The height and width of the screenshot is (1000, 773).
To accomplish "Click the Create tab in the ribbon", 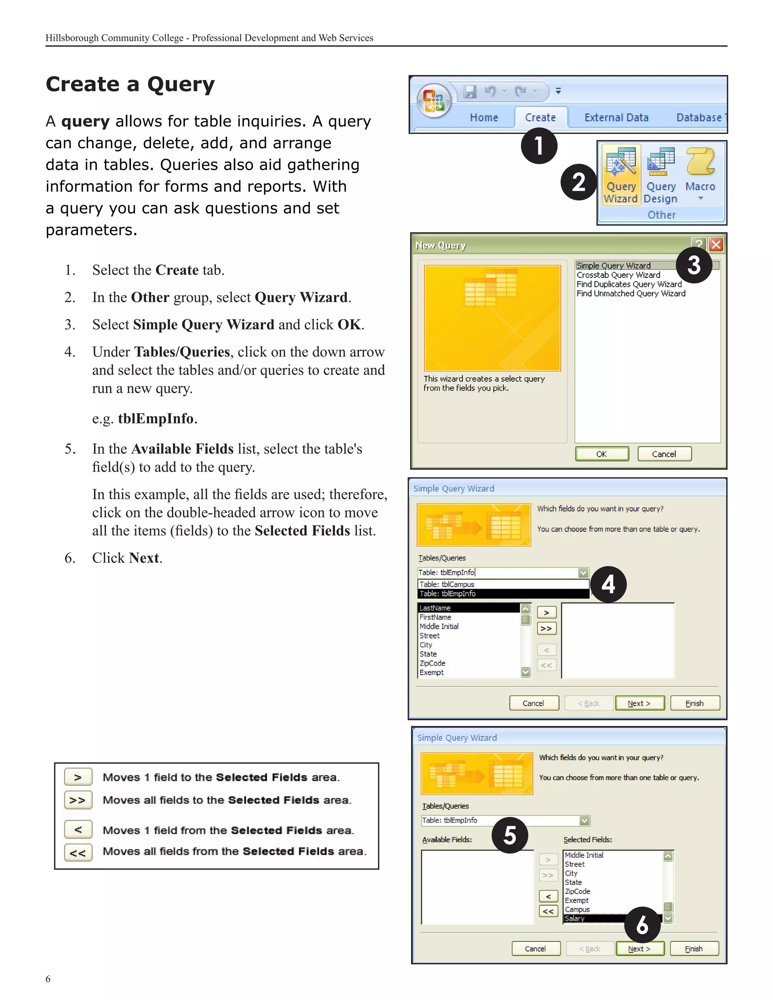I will click(540, 118).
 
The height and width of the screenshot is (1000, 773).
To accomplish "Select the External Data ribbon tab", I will click(616, 118).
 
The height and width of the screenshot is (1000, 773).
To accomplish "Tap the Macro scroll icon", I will click(700, 161).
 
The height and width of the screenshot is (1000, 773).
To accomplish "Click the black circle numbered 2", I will click(578, 182).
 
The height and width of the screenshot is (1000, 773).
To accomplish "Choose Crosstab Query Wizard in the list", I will click(618, 275).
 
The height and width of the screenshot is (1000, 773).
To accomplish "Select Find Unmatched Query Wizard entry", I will click(631, 294).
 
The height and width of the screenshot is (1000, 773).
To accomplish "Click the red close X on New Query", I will click(716, 245).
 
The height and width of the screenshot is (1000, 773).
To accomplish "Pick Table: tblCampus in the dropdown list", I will click(447, 584).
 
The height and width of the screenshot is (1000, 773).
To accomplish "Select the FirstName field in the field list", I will click(435, 617).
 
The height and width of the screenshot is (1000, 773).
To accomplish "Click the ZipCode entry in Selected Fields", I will click(577, 891).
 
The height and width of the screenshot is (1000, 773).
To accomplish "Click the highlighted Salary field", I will click(575, 918).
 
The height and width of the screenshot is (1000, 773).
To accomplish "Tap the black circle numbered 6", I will click(642, 925).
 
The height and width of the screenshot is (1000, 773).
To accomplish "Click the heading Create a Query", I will click(130, 84).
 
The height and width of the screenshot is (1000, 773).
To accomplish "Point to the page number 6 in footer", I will click(48, 978).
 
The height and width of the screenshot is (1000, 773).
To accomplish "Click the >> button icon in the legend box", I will click(78, 800).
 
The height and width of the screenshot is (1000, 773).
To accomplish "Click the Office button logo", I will click(434, 101).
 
